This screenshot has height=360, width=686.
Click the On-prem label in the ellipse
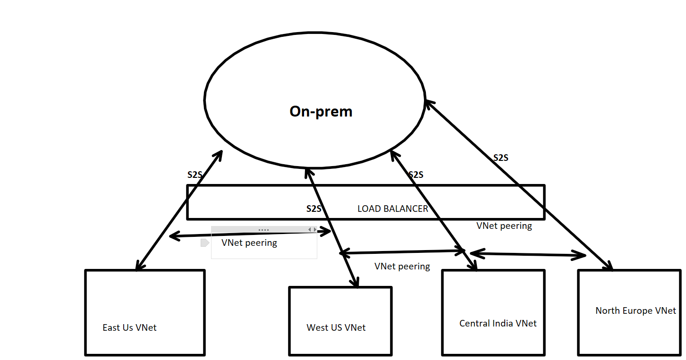coord(321,111)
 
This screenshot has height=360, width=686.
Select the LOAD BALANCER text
coord(392,209)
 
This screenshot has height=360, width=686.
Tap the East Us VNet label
coord(129,327)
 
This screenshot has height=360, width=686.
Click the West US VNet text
coord(336,327)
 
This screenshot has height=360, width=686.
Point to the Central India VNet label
coord(498,324)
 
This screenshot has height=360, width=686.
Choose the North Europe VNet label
coord(635,310)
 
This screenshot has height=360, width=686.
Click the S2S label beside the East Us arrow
coord(195,175)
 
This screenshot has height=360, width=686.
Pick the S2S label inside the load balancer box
coord(313,209)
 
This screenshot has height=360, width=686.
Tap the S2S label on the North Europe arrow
coord(500,158)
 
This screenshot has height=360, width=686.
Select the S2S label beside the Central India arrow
coord(415,175)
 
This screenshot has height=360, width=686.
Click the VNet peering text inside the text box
coord(249,243)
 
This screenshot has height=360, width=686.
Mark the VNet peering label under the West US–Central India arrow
coord(402,266)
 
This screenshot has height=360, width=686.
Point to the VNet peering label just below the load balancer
coord(504,226)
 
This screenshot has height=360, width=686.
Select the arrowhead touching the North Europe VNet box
coord(609,267)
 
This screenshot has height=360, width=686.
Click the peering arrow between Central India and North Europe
coord(528,254)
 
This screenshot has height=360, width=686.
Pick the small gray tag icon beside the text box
coord(204,243)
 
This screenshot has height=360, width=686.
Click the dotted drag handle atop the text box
coord(263,230)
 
